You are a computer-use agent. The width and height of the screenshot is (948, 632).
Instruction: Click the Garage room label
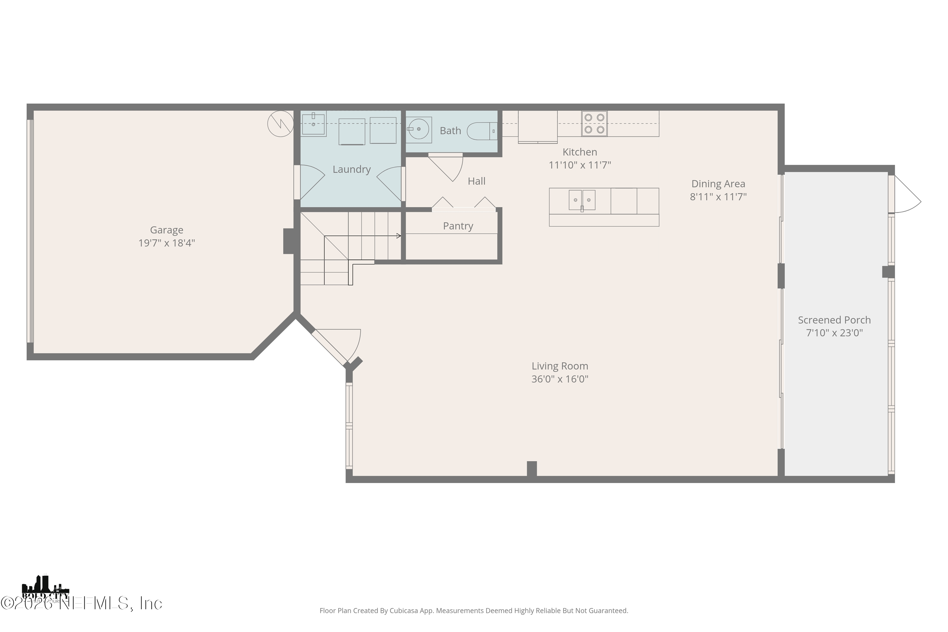pyautogui.click(x=167, y=230)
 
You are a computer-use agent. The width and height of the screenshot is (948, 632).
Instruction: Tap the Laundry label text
pyautogui.click(x=351, y=169)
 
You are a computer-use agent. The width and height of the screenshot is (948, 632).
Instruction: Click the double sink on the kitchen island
pyautogui.click(x=582, y=200)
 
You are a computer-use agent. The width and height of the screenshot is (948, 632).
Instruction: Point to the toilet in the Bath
pyautogui.click(x=483, y=131)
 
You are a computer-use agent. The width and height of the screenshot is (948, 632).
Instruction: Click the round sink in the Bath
pyautogui.click(x=418, y=129)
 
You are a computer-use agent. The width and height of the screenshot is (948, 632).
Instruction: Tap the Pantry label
pyautogui.click(x=458, y=226)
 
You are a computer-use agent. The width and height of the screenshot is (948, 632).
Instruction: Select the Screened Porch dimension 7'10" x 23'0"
pyautogui.click(x=834, y=333)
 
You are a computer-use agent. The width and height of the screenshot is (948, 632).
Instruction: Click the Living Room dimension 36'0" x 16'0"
pyautogui.click(x=560, y=379)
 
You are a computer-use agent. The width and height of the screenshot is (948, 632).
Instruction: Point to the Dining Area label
pyautogui.click(x=718, y=184)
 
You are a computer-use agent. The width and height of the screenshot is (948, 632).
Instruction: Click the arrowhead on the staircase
pyautogui.click(x=399, y=236)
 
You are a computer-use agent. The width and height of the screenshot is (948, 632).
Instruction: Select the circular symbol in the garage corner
pyautogui.click(x=281, y=123)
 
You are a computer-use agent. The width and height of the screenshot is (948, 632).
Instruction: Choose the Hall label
pyautogui.click(x=477, y=181)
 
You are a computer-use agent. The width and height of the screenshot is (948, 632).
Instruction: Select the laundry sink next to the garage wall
pyautogui.click(x=313, y=124)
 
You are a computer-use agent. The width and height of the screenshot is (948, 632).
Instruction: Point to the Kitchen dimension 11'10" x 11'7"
pyautogui.click(x=580, y=165)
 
